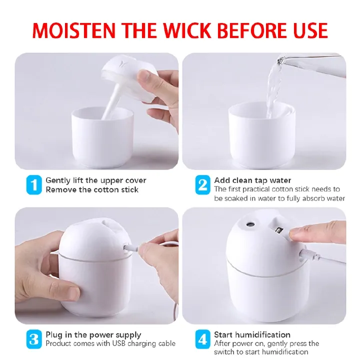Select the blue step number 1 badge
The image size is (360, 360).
point(33,185)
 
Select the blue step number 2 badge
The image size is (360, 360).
point(202,185)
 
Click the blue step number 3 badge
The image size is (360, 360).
point(33,339)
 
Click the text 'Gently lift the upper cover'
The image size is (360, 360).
point(96,180)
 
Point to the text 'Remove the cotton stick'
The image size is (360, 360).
point(92,189)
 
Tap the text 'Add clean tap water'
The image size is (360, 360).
point(252,180)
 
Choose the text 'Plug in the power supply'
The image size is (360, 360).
point(93,334)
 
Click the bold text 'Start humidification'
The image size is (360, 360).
point(252,334)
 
